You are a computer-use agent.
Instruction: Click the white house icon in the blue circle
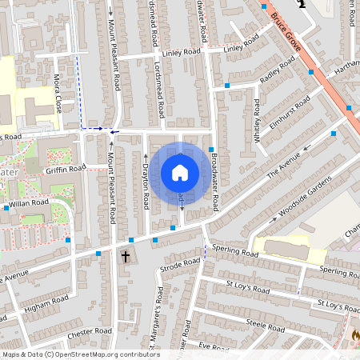tap(180, 173)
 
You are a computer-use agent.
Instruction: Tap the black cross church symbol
tap(125, 256)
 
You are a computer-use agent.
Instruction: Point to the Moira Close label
tap(58, 93)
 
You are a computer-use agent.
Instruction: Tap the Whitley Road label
tap(257, 121)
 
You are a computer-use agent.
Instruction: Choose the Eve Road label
tap(214, 346)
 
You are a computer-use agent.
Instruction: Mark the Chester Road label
tap(90, 330)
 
